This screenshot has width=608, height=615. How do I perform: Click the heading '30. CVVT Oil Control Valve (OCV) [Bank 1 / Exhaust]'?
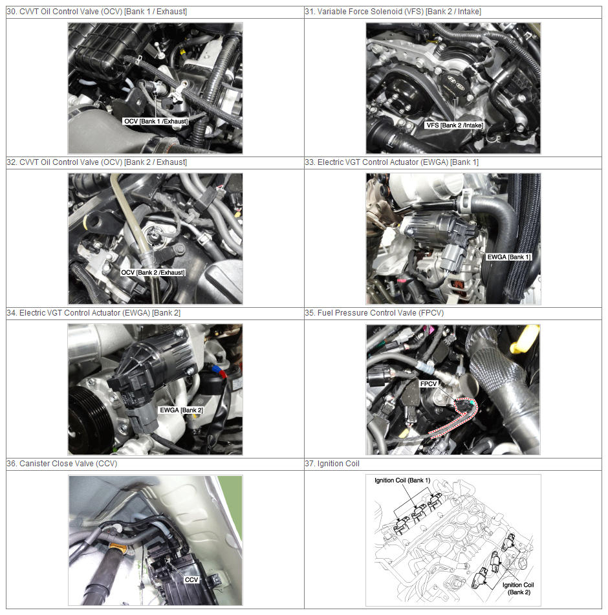(97, 12)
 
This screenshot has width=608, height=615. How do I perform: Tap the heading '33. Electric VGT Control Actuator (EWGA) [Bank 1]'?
(392, 162)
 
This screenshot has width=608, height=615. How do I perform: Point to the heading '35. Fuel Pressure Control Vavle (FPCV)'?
(375, 313)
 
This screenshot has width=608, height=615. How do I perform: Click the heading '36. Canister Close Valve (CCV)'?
(62, 464)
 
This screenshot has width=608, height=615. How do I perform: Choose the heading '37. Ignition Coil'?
(332, 464)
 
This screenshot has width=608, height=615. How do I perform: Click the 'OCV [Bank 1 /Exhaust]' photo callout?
(156, 122)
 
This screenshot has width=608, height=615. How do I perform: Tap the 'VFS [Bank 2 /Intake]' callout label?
(455, 125)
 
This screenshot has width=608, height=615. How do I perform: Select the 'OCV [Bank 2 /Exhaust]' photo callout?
(153, 273)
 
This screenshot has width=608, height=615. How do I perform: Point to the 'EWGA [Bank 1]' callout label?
(509, 257)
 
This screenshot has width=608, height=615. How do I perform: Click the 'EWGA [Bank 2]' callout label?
(181, 410)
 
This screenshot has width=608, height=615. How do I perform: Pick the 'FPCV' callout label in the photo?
(428, 384)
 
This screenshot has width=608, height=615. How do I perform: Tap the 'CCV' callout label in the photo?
(191, 579)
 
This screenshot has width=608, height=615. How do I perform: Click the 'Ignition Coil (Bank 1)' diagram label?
(402, 480)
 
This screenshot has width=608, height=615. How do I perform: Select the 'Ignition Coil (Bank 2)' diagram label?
(518, 588)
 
